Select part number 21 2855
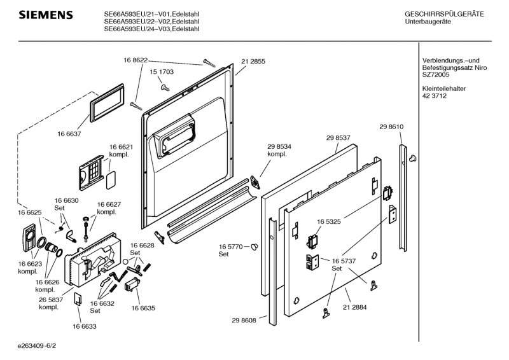click(253, 61)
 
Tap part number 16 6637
click(70, 135)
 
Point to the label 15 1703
click(162, 73)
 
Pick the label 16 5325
click(330, 221)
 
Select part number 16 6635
click(144, 308)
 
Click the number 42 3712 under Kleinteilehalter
click(434, 96)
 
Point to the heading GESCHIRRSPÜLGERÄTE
click(444, 14)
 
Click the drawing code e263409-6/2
click(41, 347)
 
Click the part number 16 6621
click(121, 147)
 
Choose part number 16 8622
click(136, 60)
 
